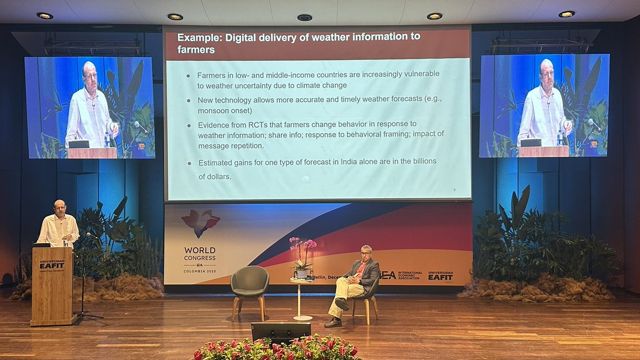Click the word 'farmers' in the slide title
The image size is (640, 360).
pos(196,50)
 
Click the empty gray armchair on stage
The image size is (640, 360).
pos(250,285)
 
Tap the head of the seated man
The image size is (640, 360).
pos(366,253)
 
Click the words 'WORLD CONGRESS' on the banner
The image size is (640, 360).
pos(200,253)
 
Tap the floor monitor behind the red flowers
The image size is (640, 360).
pos(281,332)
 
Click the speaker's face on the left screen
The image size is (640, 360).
pos(90,75)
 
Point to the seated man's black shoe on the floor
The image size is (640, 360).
pos(333,322)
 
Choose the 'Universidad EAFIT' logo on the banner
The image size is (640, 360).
pos(441,275)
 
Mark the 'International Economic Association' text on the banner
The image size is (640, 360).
pos(410,275)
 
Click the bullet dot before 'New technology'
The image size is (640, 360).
pos(189,100)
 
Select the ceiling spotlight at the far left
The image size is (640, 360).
pos(44,15)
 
